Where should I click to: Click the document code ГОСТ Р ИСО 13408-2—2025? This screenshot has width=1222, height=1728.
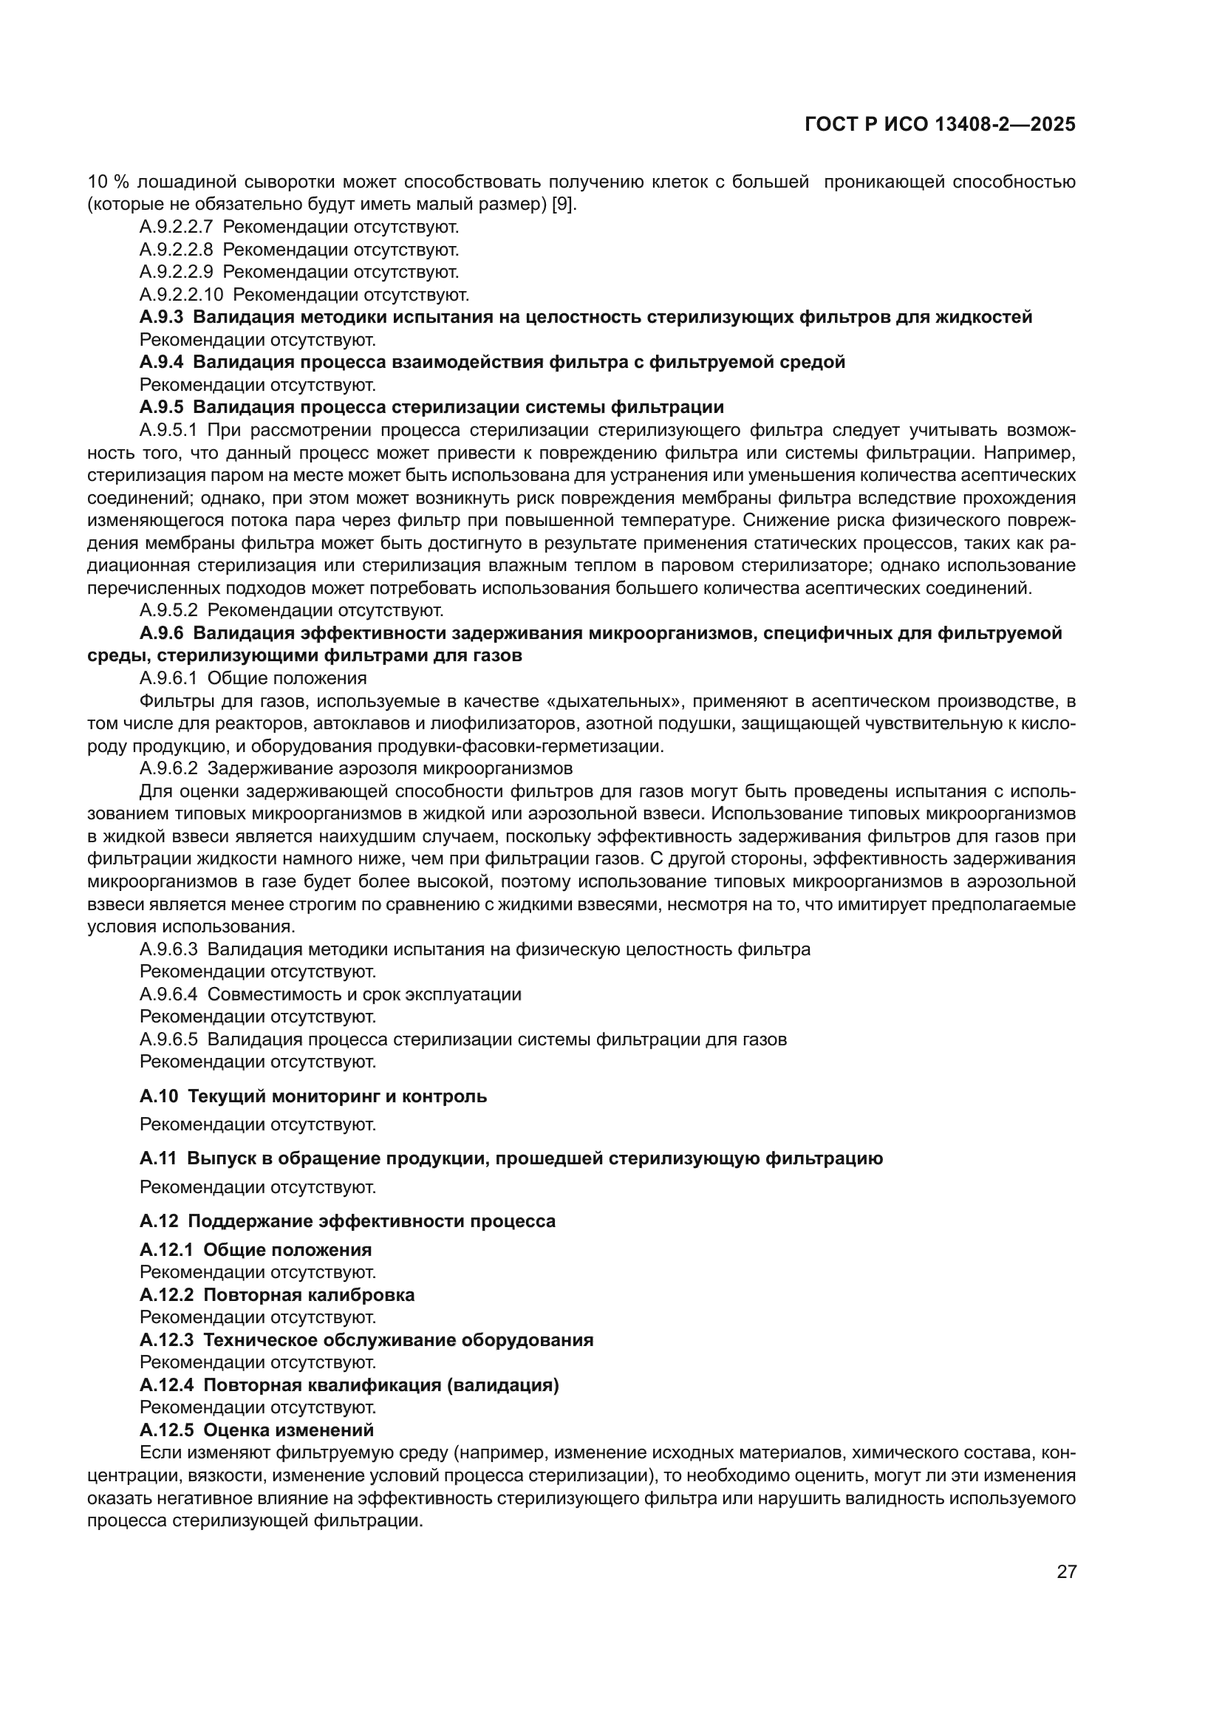(940, 125)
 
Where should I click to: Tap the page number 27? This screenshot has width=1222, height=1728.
(1066, 1571)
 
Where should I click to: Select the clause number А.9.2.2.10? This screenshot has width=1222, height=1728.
(181, 294)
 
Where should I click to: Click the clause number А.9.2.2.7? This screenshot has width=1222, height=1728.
(176, 227)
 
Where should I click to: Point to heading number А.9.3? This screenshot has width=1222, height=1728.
(161, 317)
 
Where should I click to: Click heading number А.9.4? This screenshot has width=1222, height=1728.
(161, 362)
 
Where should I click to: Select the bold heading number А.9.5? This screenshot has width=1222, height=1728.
(161, 407)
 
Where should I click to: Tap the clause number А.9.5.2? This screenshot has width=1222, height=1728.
(168, 610)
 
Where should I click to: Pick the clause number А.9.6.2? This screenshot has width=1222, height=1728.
(168, 768)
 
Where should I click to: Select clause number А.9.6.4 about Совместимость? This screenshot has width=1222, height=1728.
(168, 994)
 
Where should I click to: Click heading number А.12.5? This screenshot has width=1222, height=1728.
(166, 1430)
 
